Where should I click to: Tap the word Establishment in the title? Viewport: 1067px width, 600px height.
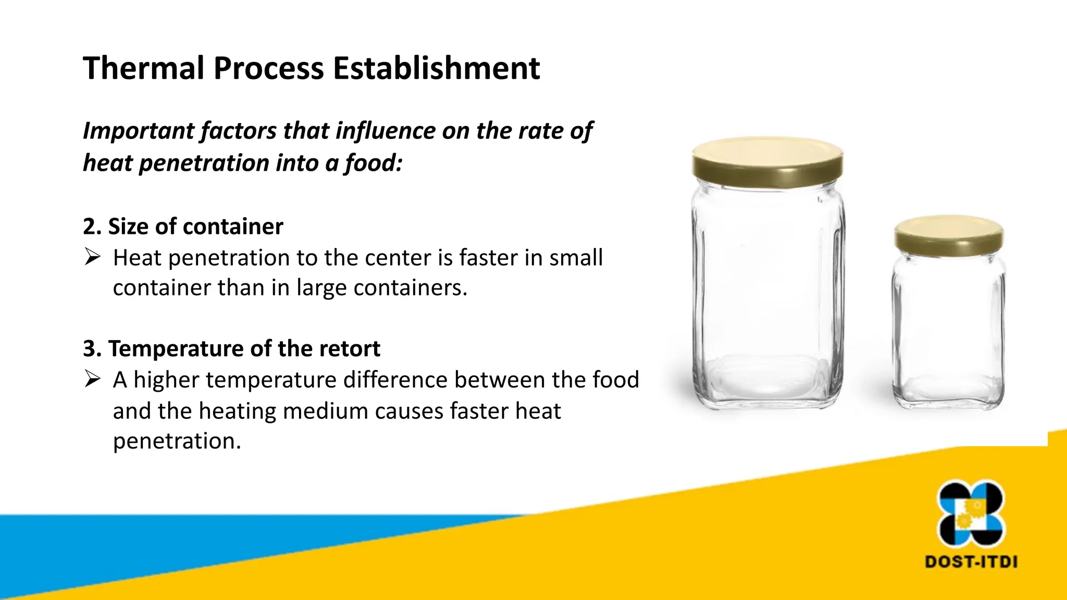(x=437, y=68)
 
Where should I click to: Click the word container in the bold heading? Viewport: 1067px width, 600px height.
(x=233, y=227)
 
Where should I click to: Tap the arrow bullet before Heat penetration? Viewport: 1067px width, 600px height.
(x=92, y=257)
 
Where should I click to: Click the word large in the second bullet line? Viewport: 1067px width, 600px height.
(x=321, y=288)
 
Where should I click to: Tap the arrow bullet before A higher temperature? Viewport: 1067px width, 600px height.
(x=92, y=379)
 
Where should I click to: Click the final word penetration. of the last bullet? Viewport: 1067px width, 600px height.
(x=177, y=441)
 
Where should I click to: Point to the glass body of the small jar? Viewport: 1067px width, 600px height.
(x=949, y=328)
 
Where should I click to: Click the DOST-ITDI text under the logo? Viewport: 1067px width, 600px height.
(x=971, y=562)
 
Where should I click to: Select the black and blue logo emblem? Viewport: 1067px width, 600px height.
(x=971, y=514)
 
